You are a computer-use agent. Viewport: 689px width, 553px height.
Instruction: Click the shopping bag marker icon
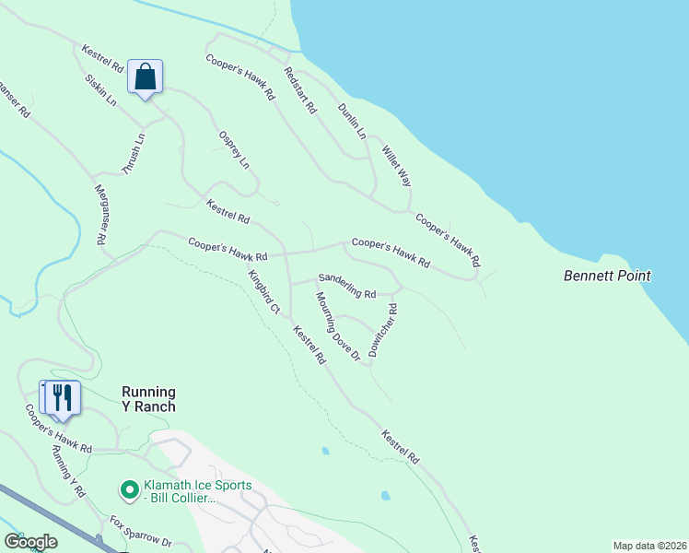click(146, 76)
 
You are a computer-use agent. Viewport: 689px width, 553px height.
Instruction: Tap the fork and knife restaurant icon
click(62, 397)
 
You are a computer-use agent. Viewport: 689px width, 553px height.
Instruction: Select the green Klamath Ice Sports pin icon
click(130, 488)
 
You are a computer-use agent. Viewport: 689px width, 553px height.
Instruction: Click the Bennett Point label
click(607, 276)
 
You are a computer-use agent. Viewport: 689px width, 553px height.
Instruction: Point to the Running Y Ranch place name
click(148, 399)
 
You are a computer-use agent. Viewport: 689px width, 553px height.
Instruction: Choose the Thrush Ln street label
click(134, 154)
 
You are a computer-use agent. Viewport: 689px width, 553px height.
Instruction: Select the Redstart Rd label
click(300, 90)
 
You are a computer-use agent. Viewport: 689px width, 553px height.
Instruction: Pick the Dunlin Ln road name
click(352, 120)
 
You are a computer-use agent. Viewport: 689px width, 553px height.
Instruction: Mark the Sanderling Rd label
click(347, 286)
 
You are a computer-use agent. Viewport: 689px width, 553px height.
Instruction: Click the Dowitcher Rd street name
click(382, 330)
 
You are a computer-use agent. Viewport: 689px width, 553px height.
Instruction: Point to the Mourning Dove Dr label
click(336, 327)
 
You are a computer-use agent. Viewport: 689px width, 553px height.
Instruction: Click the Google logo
click(30, 542)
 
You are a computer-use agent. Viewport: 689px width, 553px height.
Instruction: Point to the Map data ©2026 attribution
click(649, 545)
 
